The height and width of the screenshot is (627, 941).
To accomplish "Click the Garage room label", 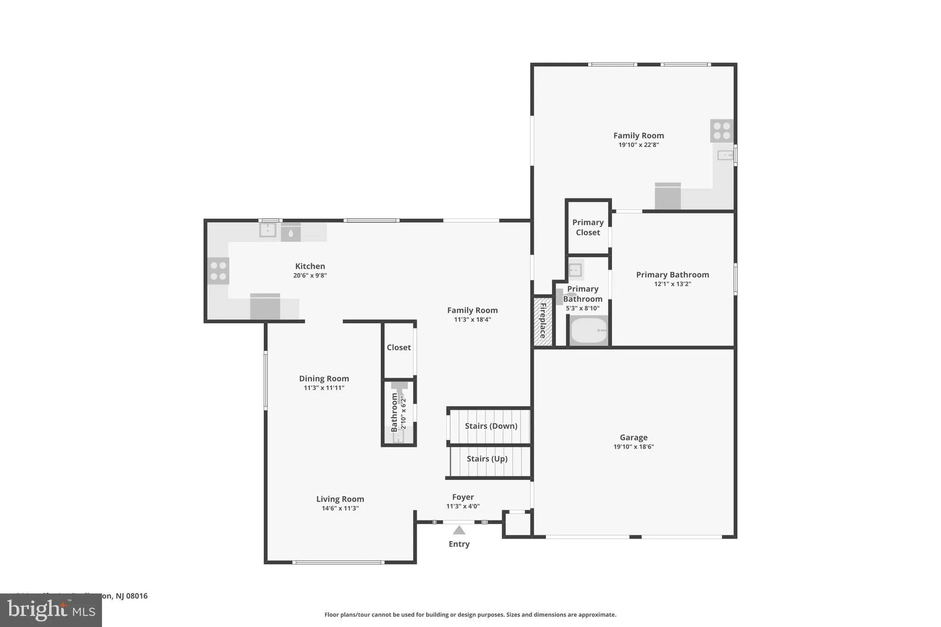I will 633,437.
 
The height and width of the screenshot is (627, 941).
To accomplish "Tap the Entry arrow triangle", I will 459,531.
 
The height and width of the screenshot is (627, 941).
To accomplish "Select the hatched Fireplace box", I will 543,321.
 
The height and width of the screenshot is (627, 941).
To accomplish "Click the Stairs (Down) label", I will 491,426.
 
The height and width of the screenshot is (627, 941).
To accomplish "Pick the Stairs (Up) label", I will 487,459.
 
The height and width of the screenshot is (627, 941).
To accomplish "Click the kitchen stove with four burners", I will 218,271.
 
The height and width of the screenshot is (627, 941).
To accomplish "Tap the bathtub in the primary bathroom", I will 589,330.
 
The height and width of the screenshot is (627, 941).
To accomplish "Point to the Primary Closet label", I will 588,227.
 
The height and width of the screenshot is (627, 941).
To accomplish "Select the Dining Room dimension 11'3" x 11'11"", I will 324,388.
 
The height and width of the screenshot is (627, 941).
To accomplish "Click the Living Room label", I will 340,499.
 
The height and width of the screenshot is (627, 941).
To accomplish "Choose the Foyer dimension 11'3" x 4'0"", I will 463,506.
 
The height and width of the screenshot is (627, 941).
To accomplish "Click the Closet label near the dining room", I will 398,347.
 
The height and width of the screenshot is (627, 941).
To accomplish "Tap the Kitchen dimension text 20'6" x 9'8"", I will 310,276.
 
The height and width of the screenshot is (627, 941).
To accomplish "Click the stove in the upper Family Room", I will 721,130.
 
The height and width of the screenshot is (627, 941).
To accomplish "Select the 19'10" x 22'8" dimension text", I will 638,145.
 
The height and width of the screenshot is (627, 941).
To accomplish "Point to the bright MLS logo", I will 51,610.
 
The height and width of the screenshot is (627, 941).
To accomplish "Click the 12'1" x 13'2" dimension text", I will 672,284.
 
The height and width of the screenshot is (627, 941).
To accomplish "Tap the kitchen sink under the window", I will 267,230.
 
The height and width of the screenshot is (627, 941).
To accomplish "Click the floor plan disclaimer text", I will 470,615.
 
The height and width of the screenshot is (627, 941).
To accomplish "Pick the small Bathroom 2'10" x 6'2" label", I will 398,412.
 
